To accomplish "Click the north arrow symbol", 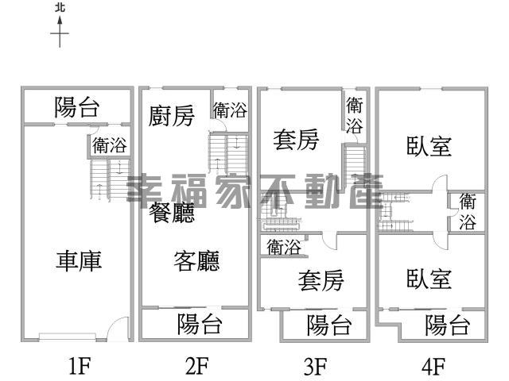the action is point(60,32).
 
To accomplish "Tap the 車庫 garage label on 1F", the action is point(79,261).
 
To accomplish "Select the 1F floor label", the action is point(80,365).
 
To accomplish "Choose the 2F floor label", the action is point(197,365).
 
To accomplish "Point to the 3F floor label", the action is point(316,365).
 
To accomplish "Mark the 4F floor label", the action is point(433,365).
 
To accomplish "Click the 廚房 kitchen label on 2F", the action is point(172,116).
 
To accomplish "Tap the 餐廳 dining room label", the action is point(172,213).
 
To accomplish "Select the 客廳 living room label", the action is point(196,261).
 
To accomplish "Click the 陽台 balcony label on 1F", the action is point(76,107).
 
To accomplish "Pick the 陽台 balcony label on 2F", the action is point(200,324).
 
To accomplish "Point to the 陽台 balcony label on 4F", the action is point(448,325).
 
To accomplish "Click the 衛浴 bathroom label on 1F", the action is point(110,145).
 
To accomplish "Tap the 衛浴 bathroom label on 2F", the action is point(230,110).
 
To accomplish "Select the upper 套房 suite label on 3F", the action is point(296,140).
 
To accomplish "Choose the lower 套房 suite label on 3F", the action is point(321,280).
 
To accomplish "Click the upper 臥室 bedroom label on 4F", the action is point(429,146).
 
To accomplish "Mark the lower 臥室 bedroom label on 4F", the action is point(429,279).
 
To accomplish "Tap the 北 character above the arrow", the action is point(60,8).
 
